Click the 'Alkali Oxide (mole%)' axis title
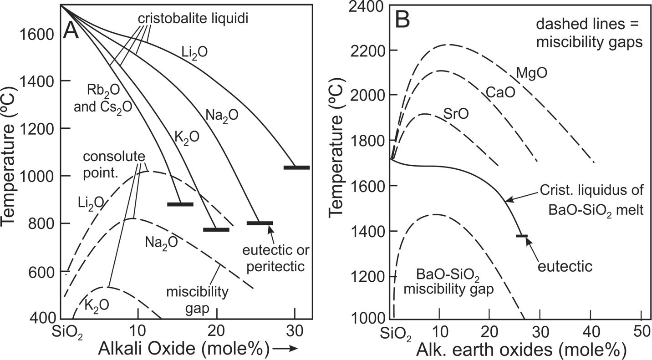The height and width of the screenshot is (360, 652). [180, 348]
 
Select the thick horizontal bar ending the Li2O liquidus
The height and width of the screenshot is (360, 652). [296, 167]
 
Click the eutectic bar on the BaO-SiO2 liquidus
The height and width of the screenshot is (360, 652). [522, 236]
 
